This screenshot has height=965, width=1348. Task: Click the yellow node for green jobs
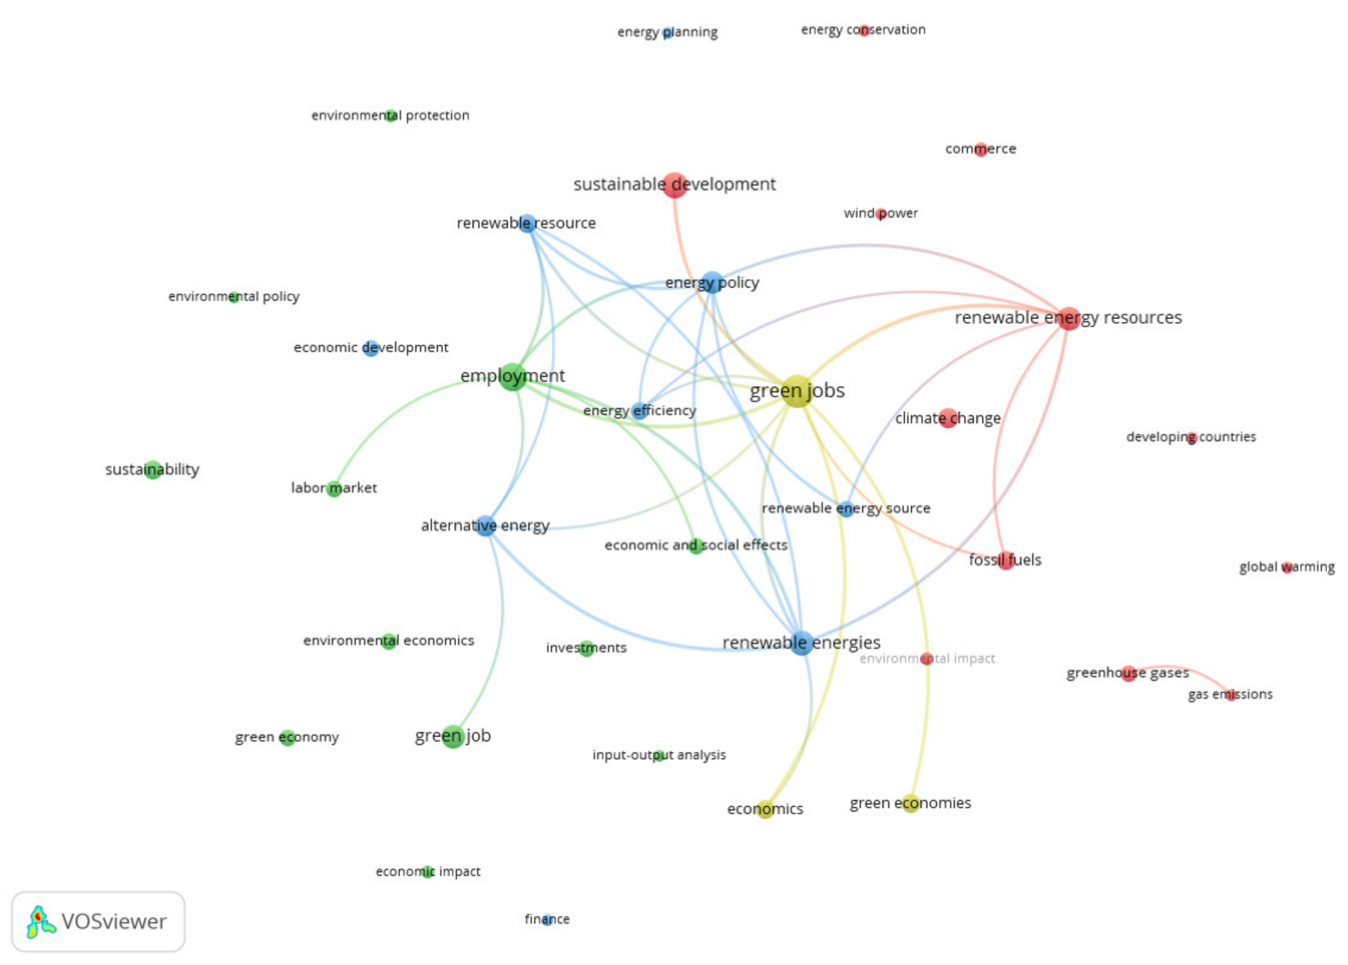797,391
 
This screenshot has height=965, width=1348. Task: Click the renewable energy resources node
1069,318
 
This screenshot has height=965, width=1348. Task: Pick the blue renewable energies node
801,643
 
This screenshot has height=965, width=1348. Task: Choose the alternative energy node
485,525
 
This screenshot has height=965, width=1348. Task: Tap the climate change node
948,418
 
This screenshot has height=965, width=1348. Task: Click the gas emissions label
1230,694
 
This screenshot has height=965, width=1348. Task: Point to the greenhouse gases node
1129,673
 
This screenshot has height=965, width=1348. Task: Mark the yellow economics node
765,809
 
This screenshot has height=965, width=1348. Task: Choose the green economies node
910,803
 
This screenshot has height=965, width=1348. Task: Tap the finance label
547,919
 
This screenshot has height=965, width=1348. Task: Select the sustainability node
153,469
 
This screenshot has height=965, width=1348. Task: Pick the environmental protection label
391,115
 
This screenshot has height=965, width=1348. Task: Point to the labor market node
334,488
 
